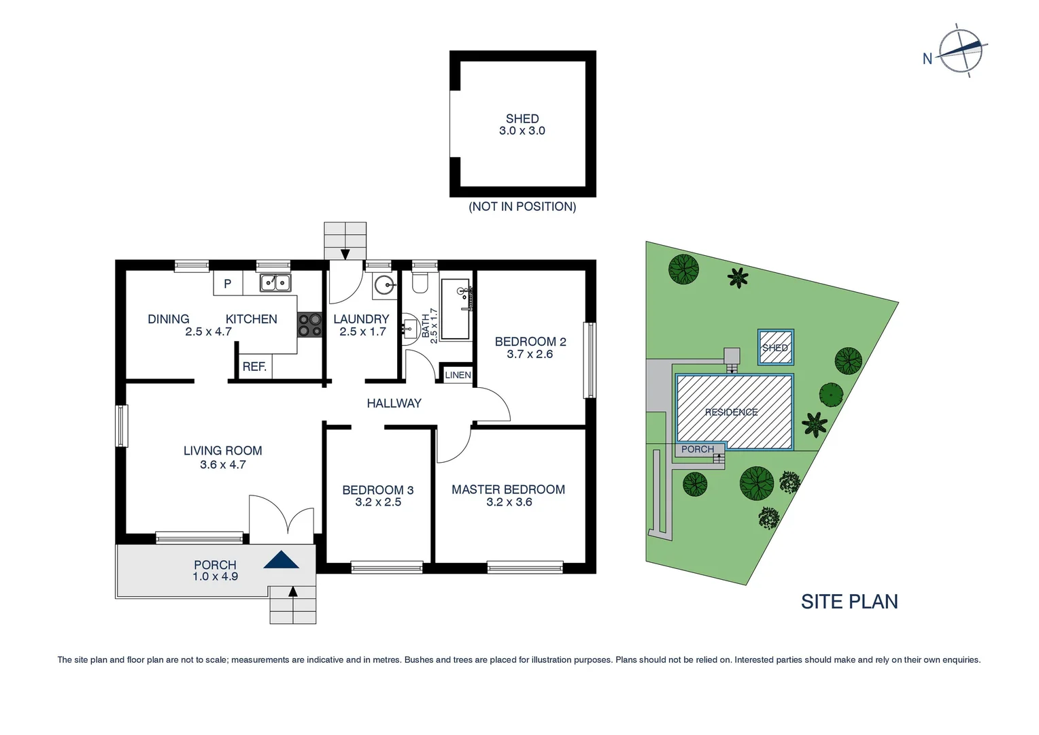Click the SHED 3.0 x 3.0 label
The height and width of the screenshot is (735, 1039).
click(522, 125)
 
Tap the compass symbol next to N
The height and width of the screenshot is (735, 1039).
click(961, 51)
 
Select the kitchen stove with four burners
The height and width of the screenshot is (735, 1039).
click(309, 325)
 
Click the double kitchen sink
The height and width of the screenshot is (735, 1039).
click(275, 282)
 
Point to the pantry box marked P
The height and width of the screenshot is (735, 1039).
click(228, 283)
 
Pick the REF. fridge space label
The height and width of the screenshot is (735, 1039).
click(254, 367)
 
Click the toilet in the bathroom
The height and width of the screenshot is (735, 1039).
click(420, 282)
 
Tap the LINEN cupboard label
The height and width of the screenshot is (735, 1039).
click(458, 375)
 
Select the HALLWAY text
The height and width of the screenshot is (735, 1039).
click(394, 404)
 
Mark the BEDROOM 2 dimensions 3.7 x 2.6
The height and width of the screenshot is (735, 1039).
click(530, 355)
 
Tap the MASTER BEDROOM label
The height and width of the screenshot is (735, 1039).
click(508, 489)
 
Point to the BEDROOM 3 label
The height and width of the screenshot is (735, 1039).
click(377, 490)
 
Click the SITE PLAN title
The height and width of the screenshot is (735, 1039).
click(849, 602)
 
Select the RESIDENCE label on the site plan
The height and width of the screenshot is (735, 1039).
click(731, 412)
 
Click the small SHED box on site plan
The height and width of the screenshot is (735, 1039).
click(775, 348)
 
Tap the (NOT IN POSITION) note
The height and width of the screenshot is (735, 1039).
click(522, 207)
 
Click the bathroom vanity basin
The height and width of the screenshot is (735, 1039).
click(410, 329)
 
